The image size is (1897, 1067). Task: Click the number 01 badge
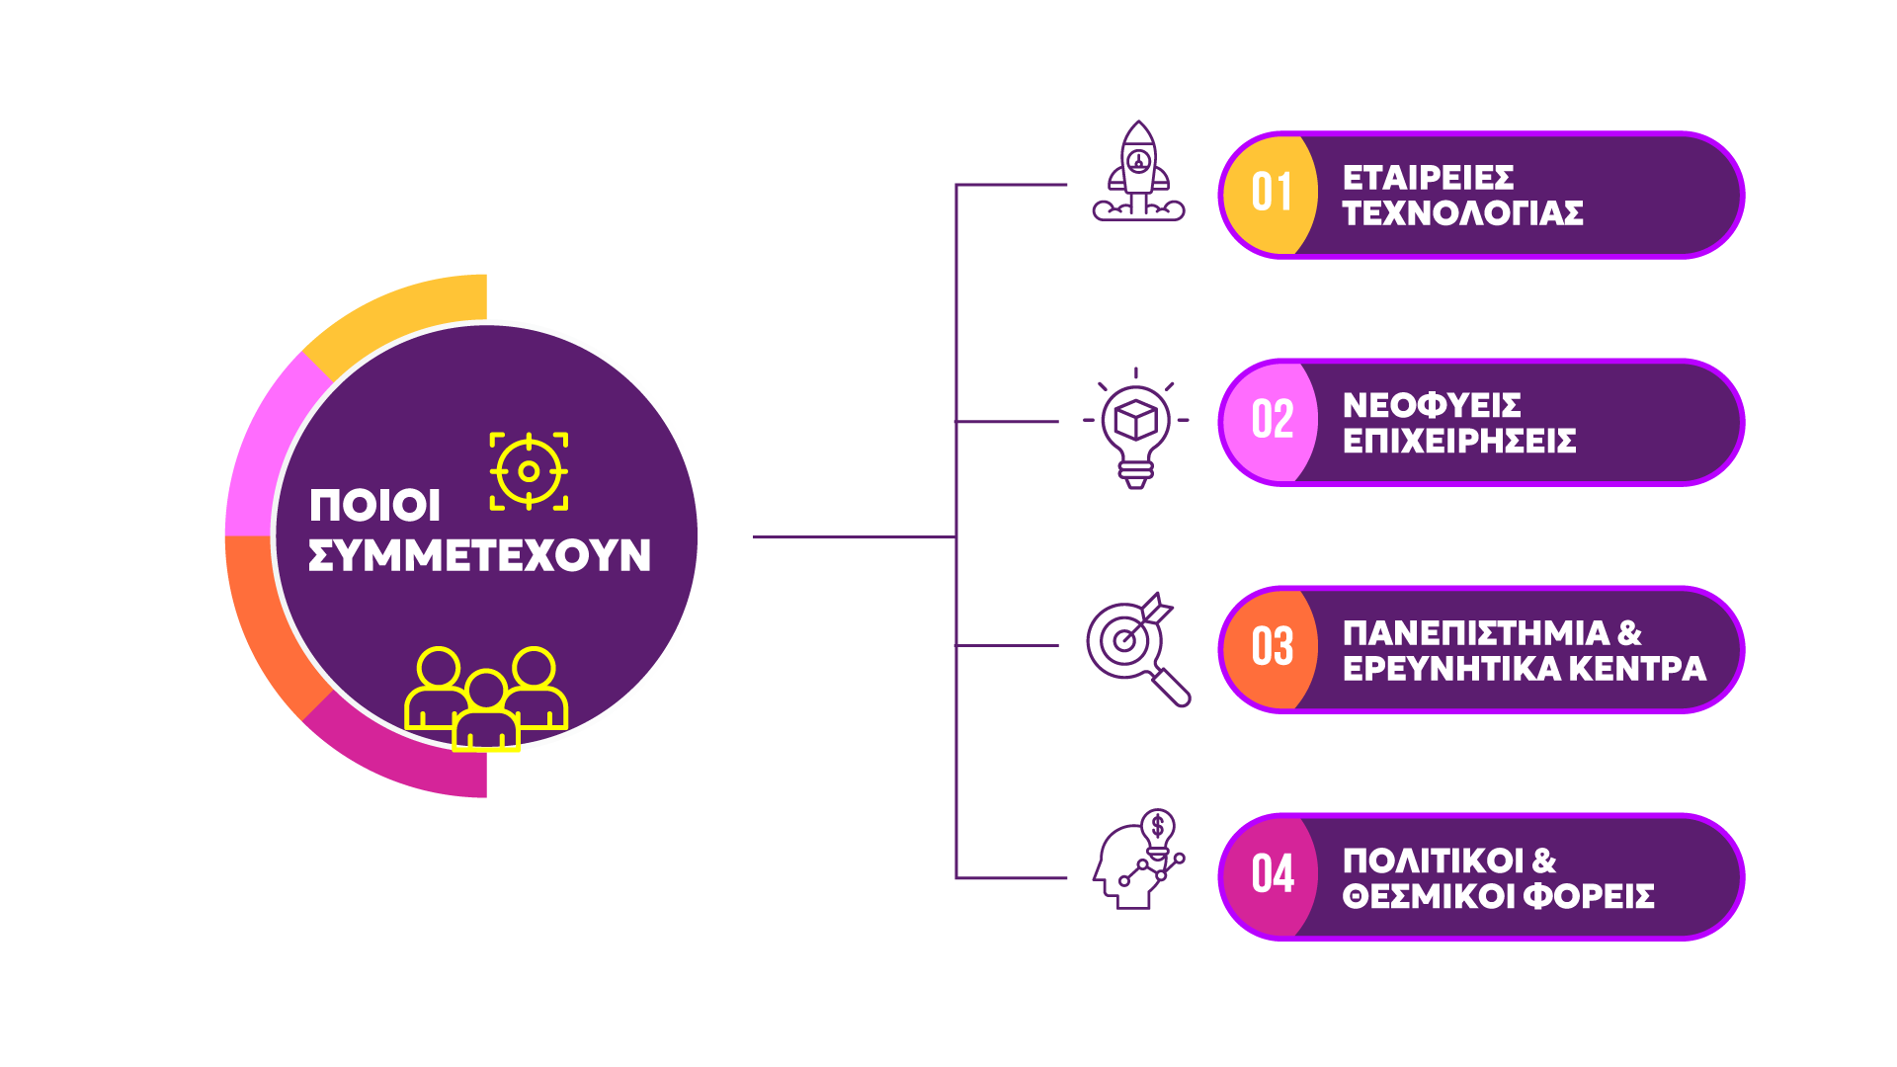(1271, 194)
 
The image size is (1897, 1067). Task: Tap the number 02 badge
(1271, 421)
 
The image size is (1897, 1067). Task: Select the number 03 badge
(1271, 648)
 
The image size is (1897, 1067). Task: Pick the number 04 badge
(1271, 875)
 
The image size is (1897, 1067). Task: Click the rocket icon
(1138, 172)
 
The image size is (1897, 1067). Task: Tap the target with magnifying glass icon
(1136, 648)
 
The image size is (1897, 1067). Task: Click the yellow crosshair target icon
(529, 471)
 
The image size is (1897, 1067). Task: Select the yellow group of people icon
(486, 698)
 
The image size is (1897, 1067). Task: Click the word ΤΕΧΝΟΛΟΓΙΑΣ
(1462, 213)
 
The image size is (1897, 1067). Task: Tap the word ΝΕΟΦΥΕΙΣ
(1431, 405)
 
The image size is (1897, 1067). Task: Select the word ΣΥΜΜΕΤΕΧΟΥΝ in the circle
(479, 556)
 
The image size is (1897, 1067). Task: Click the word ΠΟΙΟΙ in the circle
(374, 506)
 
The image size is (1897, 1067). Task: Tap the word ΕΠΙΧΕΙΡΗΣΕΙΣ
(1458, 441)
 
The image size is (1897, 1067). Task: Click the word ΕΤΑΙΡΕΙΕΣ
(1427, 178)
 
